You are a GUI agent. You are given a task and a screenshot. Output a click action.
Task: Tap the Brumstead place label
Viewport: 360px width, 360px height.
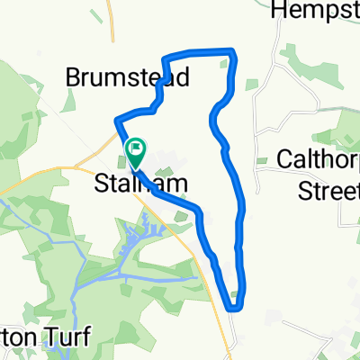click(x=127, y=78)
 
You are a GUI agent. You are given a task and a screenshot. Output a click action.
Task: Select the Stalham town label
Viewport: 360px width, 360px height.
click(x=141, y=184)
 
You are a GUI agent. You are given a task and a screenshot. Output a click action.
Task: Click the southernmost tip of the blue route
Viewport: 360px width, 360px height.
click(x=233, y=308)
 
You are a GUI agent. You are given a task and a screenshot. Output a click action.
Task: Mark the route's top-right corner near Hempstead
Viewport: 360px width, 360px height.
click(x=234, y=52)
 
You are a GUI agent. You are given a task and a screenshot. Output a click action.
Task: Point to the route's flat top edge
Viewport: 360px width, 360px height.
click(x=198, y=52)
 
